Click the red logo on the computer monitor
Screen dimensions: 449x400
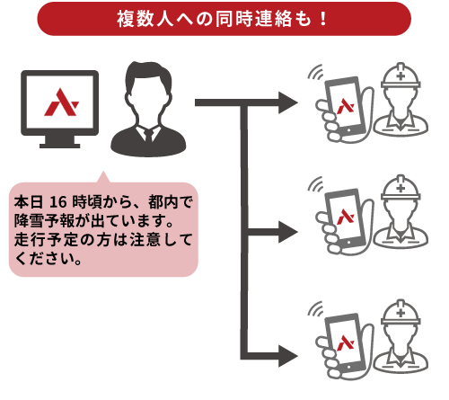61,102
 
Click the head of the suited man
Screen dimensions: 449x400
148,88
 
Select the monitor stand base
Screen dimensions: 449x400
60,146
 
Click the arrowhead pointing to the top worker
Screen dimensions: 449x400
287,102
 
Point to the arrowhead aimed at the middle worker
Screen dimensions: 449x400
287,232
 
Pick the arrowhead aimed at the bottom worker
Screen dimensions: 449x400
287,356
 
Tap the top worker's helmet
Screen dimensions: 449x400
401,76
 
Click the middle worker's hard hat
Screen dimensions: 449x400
401,188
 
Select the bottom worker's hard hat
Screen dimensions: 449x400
401,313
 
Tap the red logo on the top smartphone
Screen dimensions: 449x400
346,106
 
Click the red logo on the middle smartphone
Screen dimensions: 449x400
346,217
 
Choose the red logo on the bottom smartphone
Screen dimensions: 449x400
346,342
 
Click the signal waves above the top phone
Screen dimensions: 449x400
315,73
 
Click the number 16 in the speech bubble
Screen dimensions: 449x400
58,202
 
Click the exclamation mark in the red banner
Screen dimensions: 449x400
322,19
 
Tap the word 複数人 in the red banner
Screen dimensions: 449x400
145,19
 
